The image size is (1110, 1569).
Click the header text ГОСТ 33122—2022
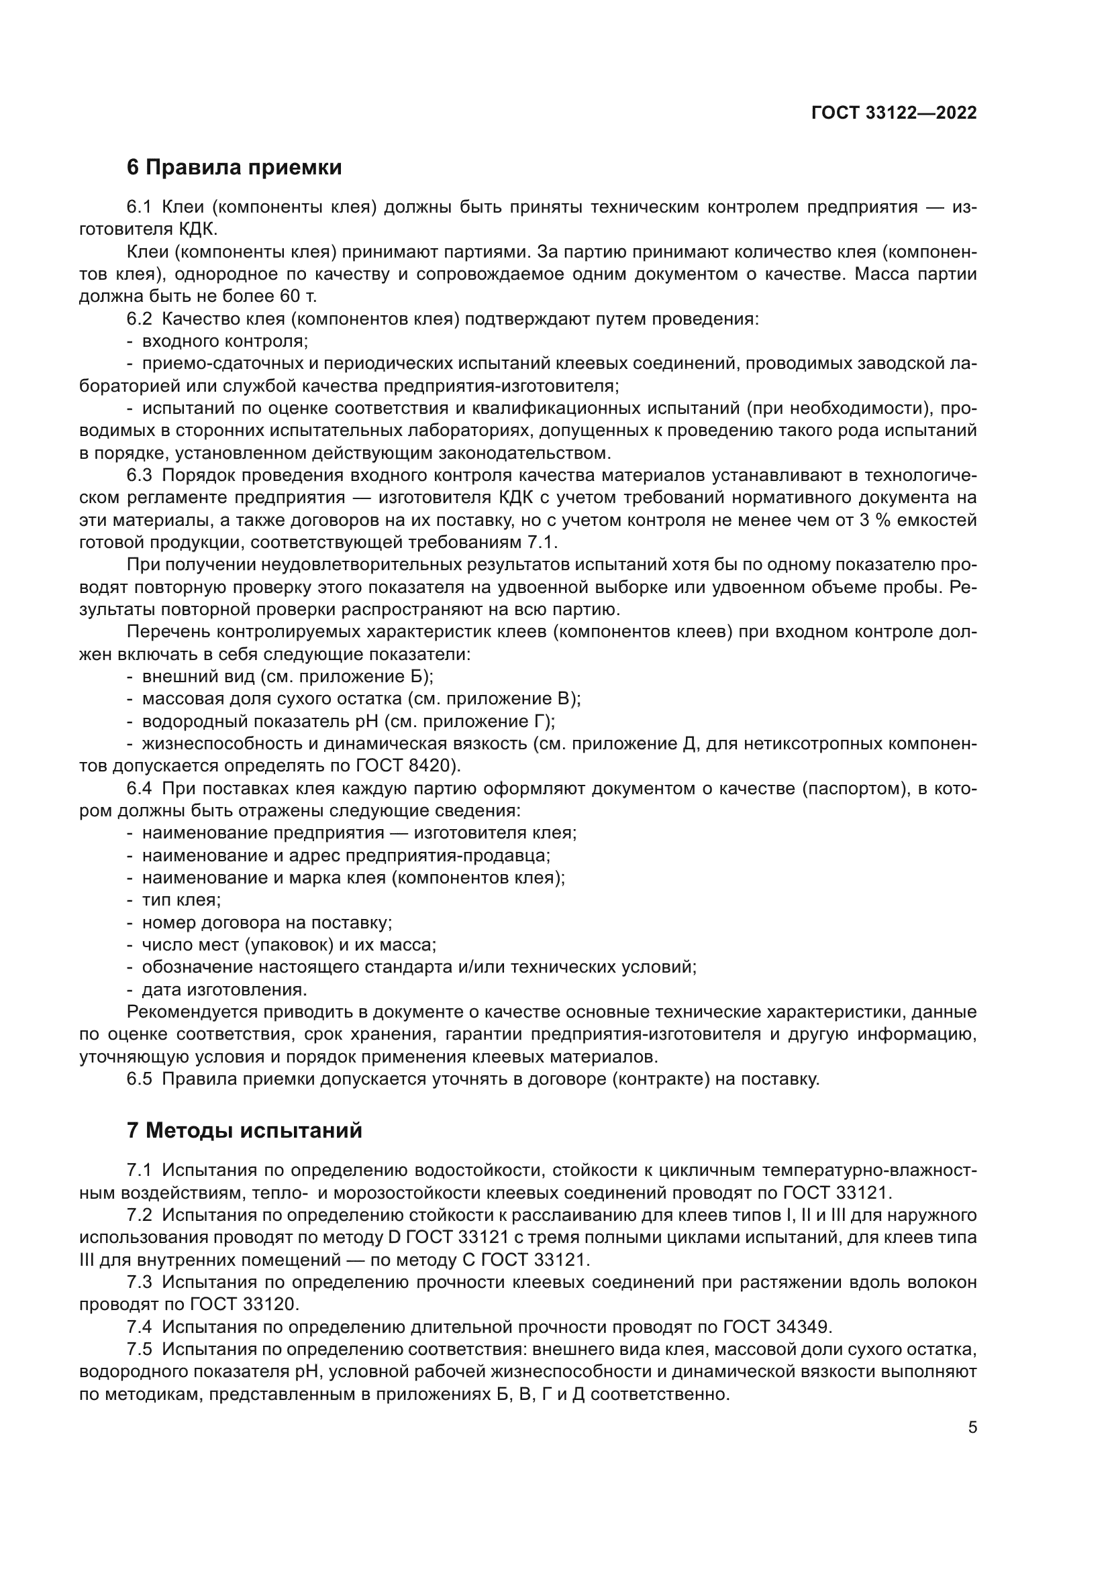click(x=893, y=113)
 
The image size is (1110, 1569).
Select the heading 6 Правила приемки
click(x=234, y=168)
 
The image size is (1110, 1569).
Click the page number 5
click(x=972, y=1427)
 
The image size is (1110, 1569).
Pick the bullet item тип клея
click(x=181, y=900)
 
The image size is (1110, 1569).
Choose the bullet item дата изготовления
click(x=224, y=989)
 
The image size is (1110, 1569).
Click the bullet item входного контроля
click(x=225, y=341)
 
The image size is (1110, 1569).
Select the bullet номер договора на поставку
click(x=266, y=922)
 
